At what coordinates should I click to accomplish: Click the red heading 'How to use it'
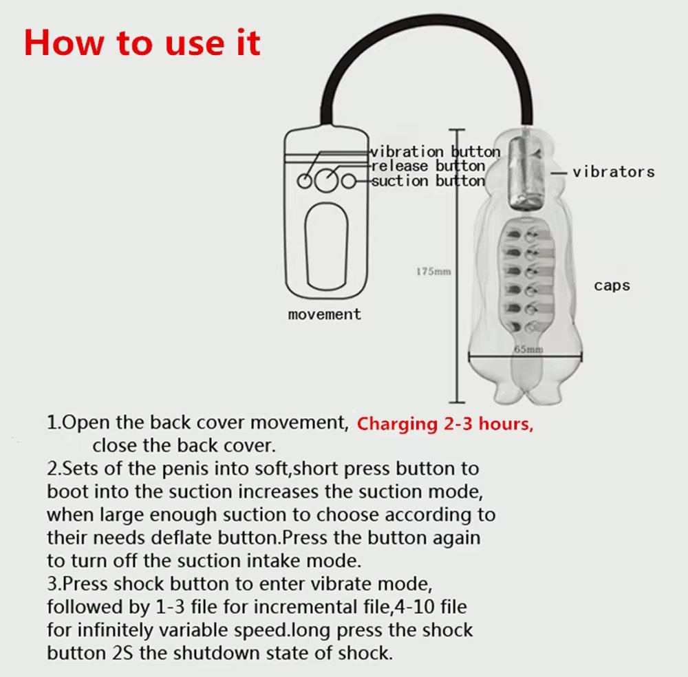(x=142, y=43)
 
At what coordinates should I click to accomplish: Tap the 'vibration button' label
(x=436, y=152)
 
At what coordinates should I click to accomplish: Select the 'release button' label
(x=428, y=166)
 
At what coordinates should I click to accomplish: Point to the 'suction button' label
(x=428, y=181)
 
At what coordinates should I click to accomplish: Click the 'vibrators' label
(x=614, y=171)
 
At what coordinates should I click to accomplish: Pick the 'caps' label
(x=612, y=286)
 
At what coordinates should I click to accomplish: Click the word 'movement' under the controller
(x=325, y=314)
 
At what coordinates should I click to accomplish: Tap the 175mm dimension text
(x=433, y=272)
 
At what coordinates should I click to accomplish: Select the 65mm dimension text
(x=528, y=350)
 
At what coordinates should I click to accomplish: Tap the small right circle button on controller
(x=349, y=181)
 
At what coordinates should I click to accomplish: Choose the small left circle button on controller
(x=305, y=181)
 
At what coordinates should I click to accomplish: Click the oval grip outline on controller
(x=305, y=246)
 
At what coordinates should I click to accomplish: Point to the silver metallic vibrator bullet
(x=525, y=173)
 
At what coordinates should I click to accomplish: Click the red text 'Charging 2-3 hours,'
(x=445, y=424)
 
